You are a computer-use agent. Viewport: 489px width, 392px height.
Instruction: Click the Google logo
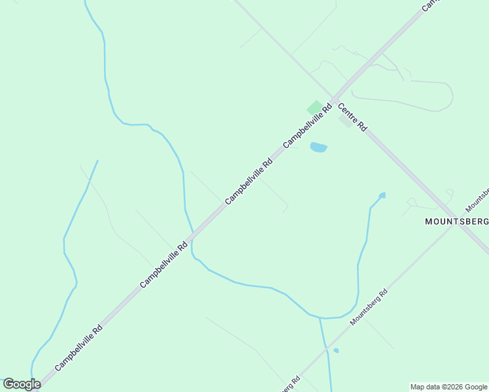coord(22,384)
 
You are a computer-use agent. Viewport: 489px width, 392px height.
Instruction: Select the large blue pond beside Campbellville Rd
coord(318,147)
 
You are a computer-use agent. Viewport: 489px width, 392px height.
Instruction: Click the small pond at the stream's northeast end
coord(382,195)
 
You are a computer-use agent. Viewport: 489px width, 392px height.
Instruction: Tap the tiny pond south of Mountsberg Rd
coord(336,351)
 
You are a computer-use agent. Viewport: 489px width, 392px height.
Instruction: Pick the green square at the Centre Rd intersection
coord(315,107)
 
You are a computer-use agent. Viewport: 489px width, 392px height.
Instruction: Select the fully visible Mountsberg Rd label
coord(369,306)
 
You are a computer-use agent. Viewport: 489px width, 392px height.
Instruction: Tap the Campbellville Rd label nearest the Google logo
coord(78,348)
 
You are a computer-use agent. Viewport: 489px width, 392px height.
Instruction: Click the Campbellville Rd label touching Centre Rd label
coord(307,124)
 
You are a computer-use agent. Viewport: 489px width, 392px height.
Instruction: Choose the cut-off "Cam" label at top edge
coord(430,5)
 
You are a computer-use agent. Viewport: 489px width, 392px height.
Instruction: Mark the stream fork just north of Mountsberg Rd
coord(320,318)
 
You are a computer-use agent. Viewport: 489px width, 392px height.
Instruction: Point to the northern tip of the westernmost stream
coord(97,161)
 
